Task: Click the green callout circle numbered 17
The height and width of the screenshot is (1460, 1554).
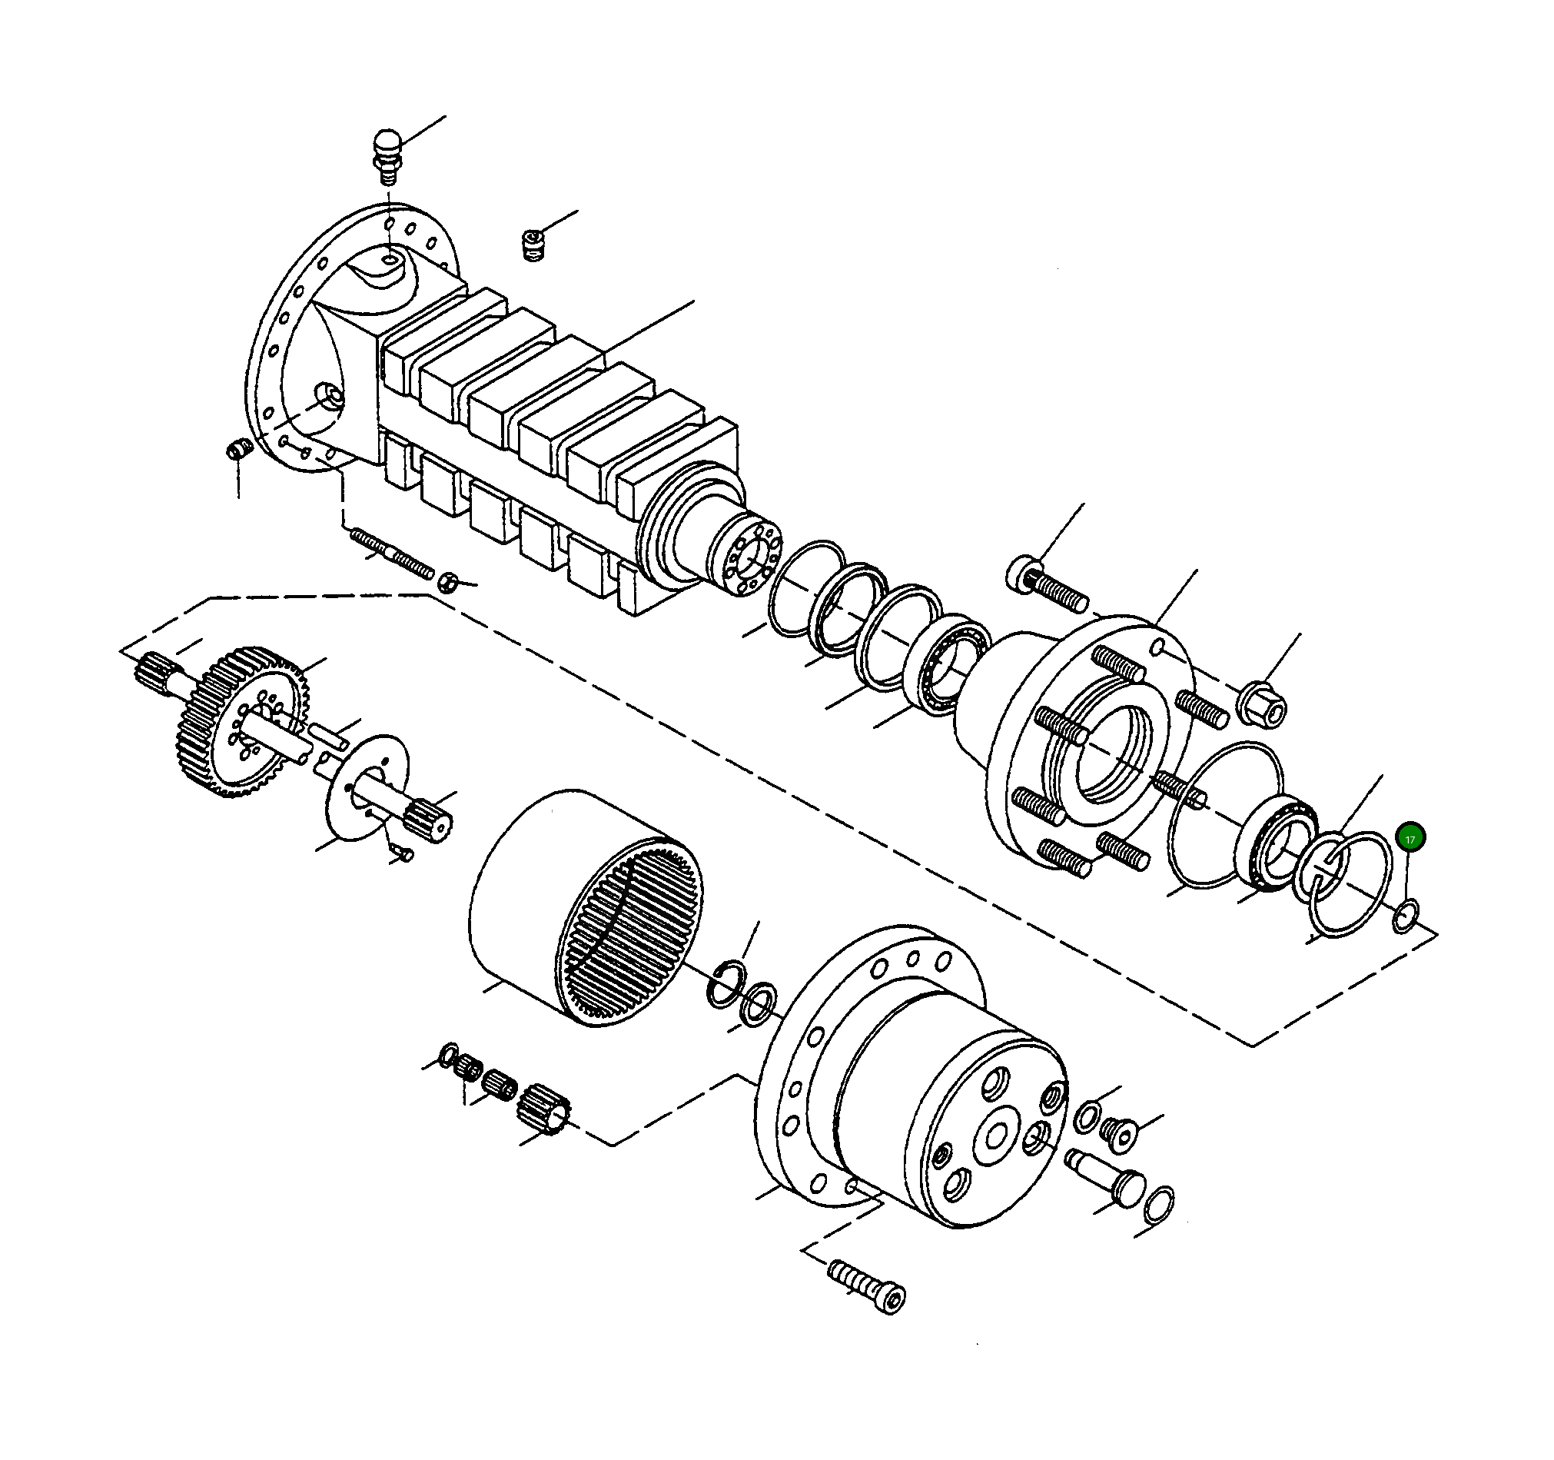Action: (x=1411, y=838)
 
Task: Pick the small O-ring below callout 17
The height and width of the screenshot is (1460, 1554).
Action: (x=1405, y=916)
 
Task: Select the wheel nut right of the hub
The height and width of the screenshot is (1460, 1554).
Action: (x=1262, y=702)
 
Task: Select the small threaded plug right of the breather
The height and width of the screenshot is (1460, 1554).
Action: (x=533, y=245)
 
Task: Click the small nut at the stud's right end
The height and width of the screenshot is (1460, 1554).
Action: (x=447, y=582)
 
